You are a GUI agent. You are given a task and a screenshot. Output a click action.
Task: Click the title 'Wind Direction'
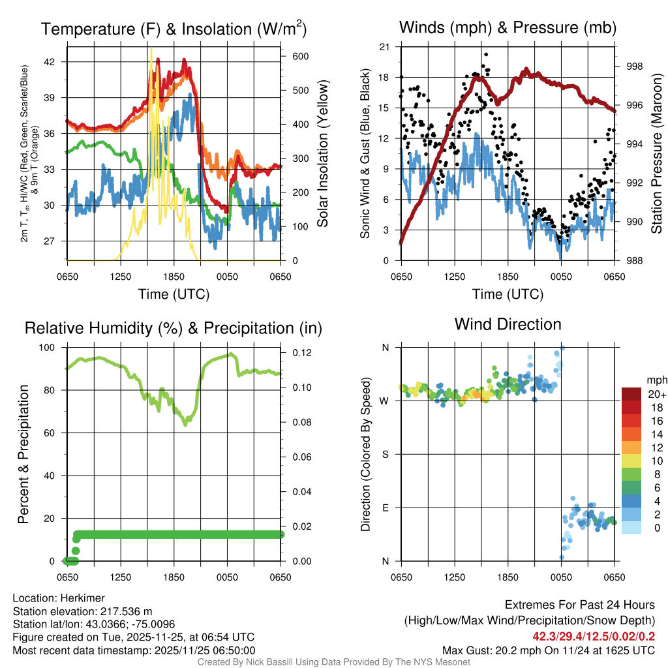pyautogui.click(x=508, y=324)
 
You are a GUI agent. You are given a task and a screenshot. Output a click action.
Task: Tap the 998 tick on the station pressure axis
pyautogui.click(x=635, y=67)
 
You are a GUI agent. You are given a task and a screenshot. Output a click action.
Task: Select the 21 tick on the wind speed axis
pyautogui.click(x=385, y=46)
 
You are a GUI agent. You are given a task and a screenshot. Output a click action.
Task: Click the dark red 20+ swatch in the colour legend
pyautogui.click(x=633, y=394)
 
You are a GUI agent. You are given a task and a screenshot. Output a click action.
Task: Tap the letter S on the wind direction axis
pyautogui.click(x=385, y=454)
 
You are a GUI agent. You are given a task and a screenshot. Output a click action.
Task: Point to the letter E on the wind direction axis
pyautogui.click(x=385, y=508)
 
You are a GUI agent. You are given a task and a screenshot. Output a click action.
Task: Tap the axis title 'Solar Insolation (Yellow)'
pyautogui.click(x=323, y=153)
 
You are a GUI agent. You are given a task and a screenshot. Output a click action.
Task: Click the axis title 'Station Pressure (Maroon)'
pyautogui.click(x=657, y=153)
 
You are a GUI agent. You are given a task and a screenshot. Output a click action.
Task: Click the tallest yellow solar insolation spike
pyautogui.click(x=151, y=50)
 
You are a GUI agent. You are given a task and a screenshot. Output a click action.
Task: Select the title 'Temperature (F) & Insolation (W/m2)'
pyautogui.click(x=174, y=29)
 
